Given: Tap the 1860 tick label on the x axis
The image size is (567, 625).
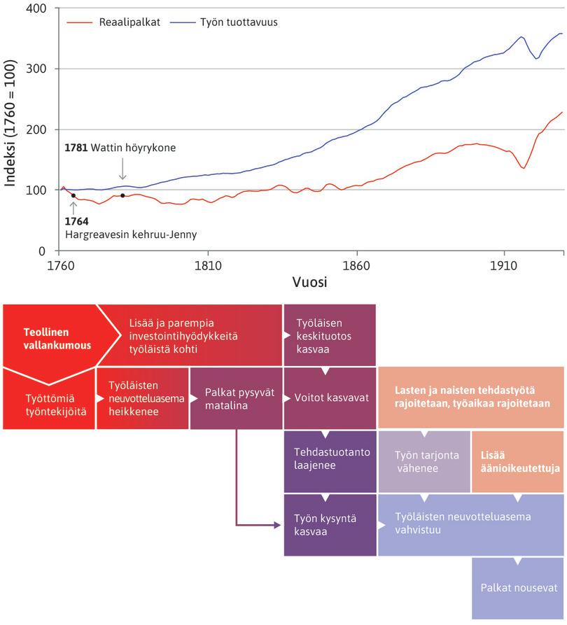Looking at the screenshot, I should (x=356, y=267).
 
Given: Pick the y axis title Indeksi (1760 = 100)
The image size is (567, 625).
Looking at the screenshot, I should (x=11, y=129).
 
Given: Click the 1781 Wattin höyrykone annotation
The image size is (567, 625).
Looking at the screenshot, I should (x=120, y=148).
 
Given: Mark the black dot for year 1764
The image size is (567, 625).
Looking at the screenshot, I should (x=73, y=196).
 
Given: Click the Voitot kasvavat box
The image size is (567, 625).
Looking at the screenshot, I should (x=330, y=398).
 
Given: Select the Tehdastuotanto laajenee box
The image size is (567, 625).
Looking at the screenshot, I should (x=330, y=458).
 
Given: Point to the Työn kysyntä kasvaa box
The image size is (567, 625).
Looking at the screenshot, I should (x=330, y=525).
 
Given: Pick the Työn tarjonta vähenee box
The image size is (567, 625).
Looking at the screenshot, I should (x=424, y=461).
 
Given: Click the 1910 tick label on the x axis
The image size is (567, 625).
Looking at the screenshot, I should (x=503, y=267).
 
